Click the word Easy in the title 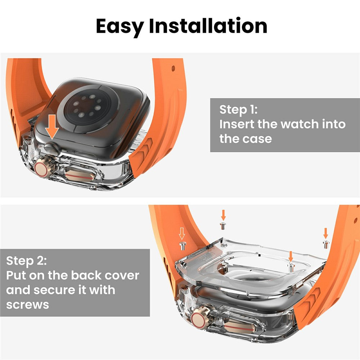120,26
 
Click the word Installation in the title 208,26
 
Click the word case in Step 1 256,139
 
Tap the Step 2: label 26,260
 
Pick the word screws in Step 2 27,305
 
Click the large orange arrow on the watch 53,126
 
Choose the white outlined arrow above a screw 182,235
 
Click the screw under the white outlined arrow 182,246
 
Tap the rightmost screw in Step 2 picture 325,244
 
